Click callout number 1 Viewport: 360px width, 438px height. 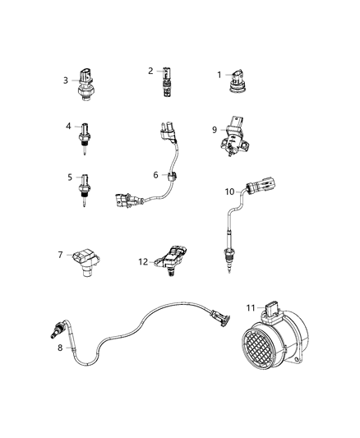(219, 75)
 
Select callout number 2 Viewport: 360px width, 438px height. (150, 71)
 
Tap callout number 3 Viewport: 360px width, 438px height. (66, 80)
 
